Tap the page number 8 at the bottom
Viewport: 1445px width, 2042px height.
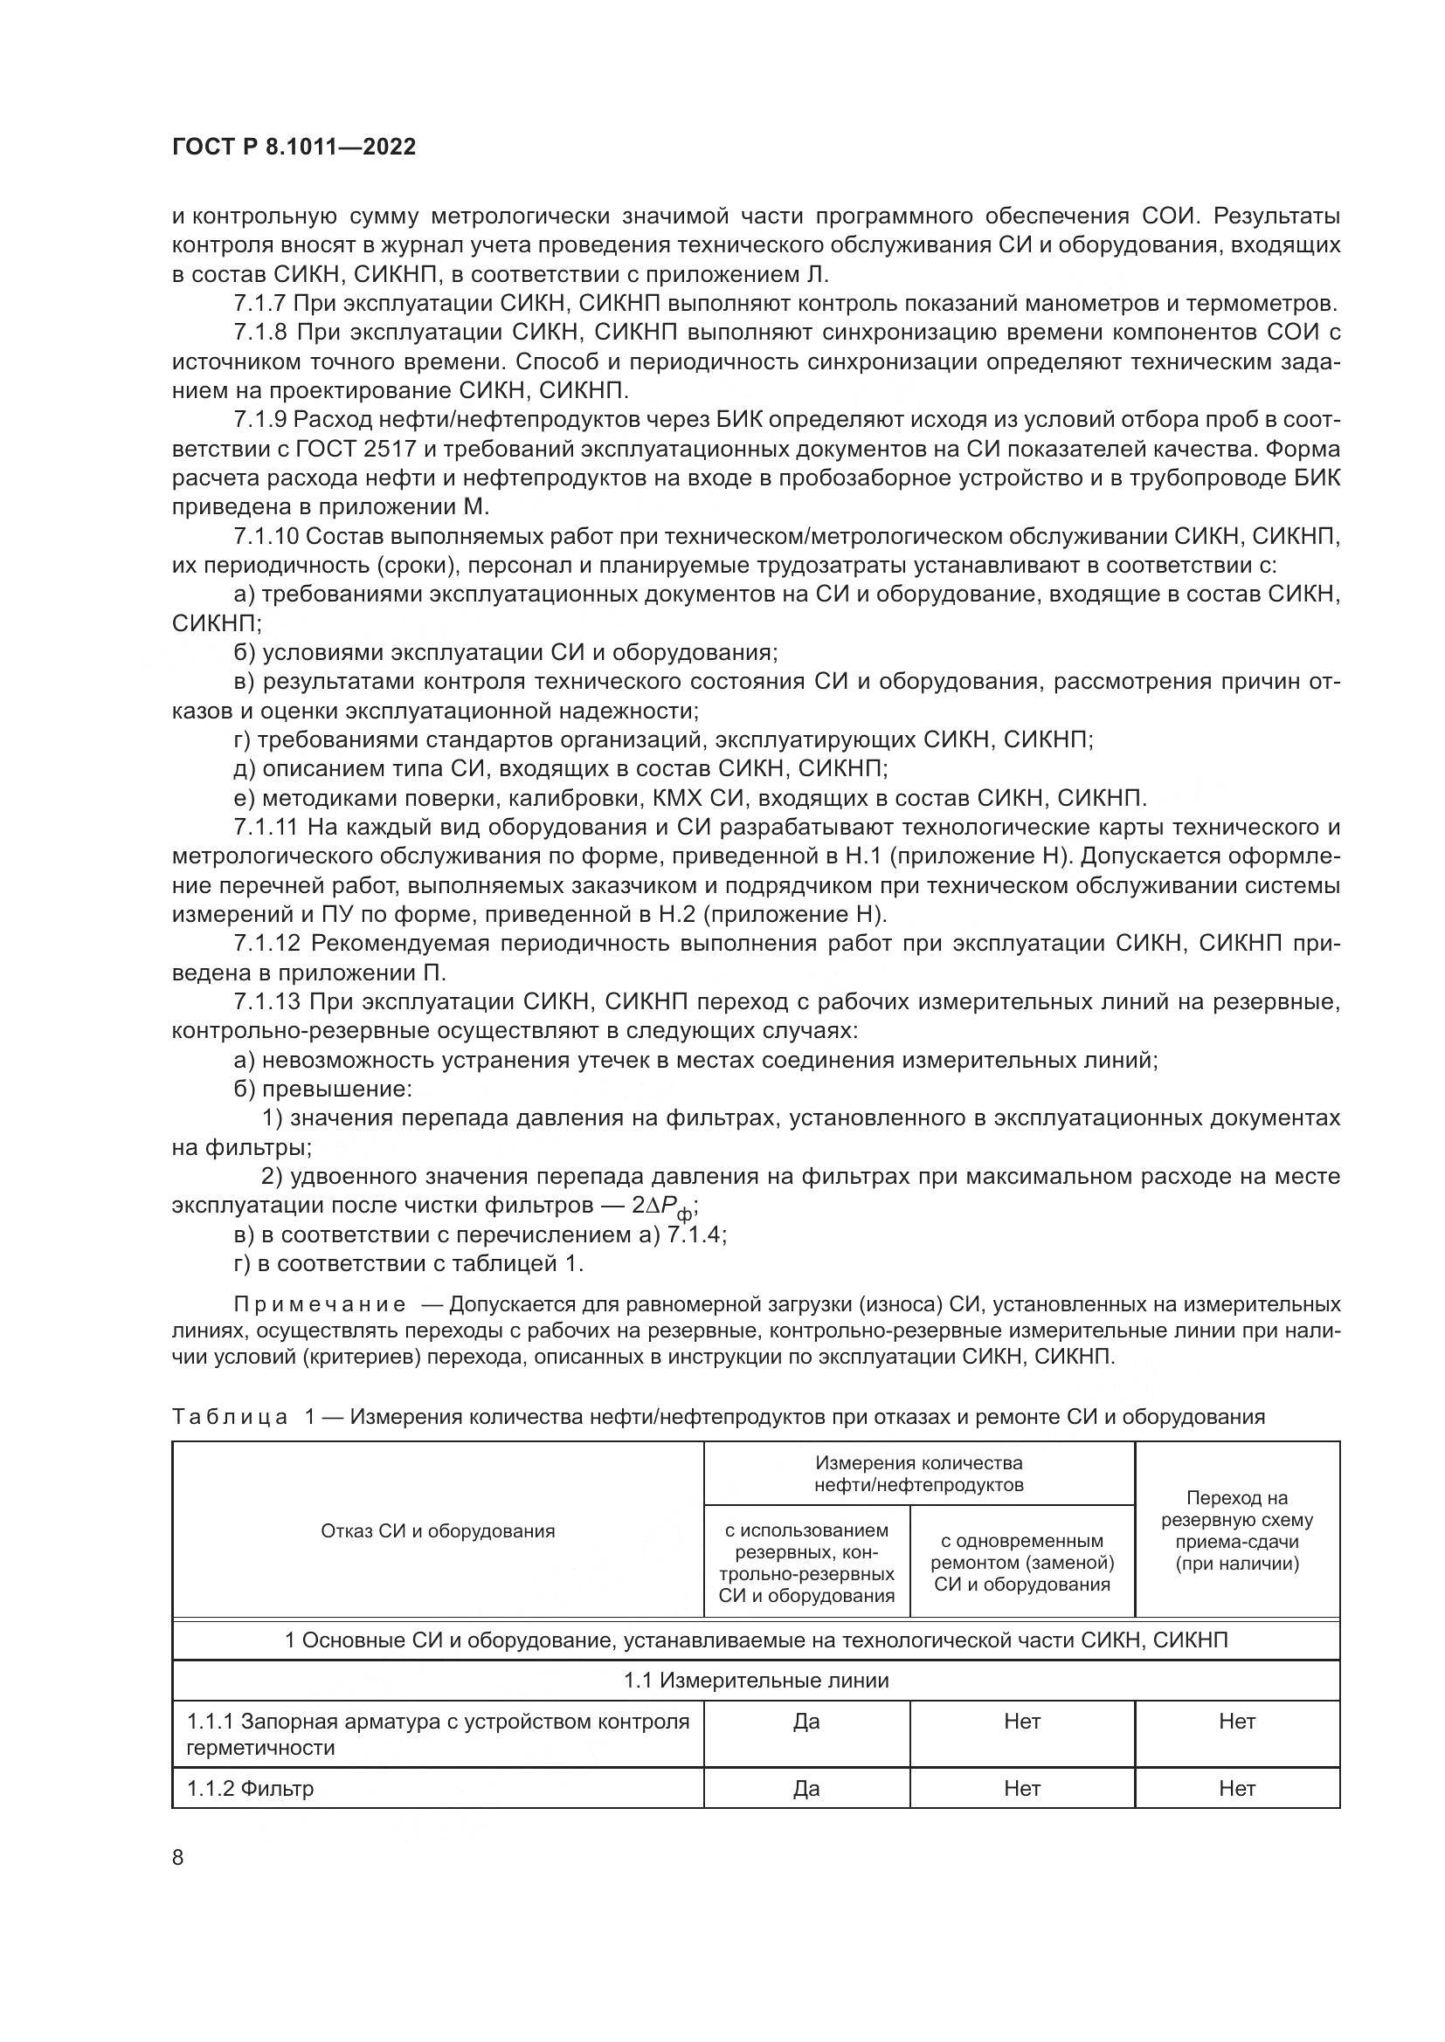click(178, 1858)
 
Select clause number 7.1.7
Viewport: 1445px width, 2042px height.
click(260, 303)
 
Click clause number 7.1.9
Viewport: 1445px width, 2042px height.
click(260, 420)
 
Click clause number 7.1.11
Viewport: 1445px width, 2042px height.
click(266, 827)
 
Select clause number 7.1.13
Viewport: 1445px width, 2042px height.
click(266, 1001)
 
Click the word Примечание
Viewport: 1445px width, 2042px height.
click(320, 1304)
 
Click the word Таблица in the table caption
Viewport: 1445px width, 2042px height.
click(229, 1417)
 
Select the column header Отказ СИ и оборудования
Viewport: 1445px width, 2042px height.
click(437, 1530)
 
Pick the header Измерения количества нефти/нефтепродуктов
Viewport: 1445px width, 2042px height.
click(918, 1474)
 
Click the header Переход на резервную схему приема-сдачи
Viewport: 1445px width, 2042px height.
click(1236, 1530)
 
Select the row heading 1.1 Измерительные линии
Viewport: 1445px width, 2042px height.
click(756, 1680)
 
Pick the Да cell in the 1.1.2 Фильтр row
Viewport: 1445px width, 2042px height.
click(805, 1789)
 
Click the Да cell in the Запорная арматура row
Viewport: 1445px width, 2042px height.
click(805, 1722)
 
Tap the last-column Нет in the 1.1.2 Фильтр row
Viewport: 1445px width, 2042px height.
click(1236, 1789)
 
